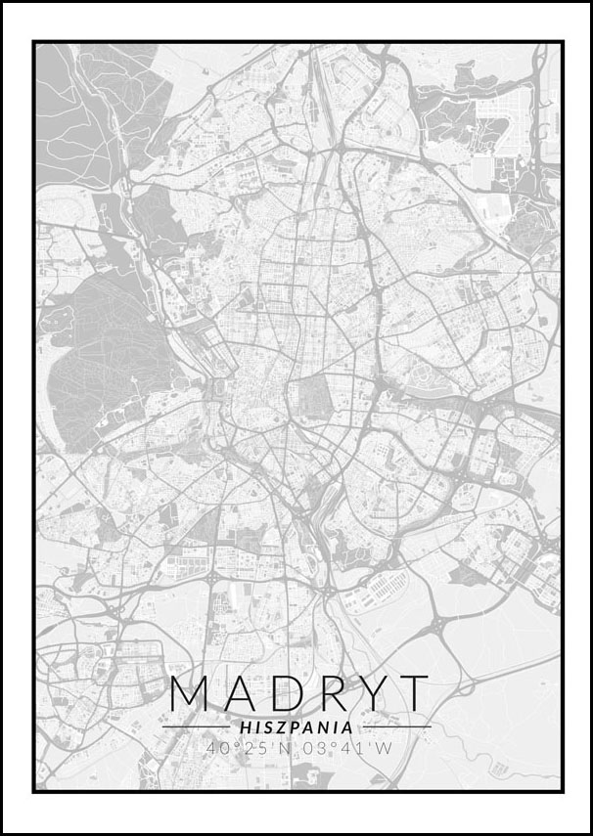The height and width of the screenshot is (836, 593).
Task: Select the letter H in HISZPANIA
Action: pos(245,727)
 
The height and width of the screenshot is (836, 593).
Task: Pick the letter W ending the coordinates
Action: pos(384,749)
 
